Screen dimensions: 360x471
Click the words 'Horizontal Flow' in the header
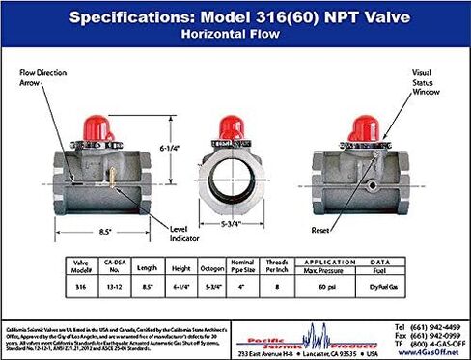[x=235, y=32]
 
